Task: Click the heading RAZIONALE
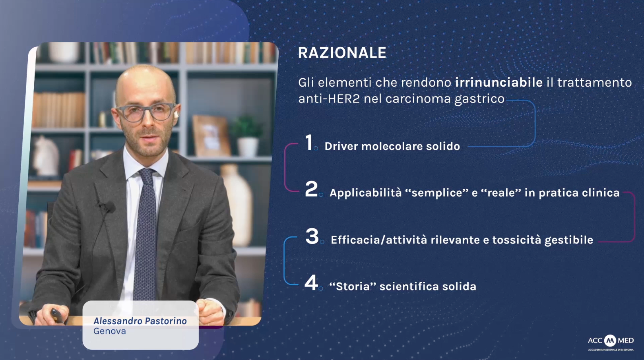pyautogui.click(x=342, y=53)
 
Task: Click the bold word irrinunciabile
pyautogui.click(x=499, y=83)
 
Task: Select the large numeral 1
pyautogui.click(x=309, y=142)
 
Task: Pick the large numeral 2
pyautogui.click(x=311, y=189)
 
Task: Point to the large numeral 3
pyautogui.click(x=312, y=236)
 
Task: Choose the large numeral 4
pyautogui.click(x=311, y=283)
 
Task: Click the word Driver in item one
pyautogui.click(x=341, y=146)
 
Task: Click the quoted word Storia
pyautogui.click(x=353, y=286)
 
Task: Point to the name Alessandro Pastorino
pyautogui.click(x=140, y=321)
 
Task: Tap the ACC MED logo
pyautogui.click(x=611, y=343)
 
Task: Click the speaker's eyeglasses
pyautogui.click(x=146, y=112)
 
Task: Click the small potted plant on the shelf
pyautogui.click(x=247, y=135)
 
